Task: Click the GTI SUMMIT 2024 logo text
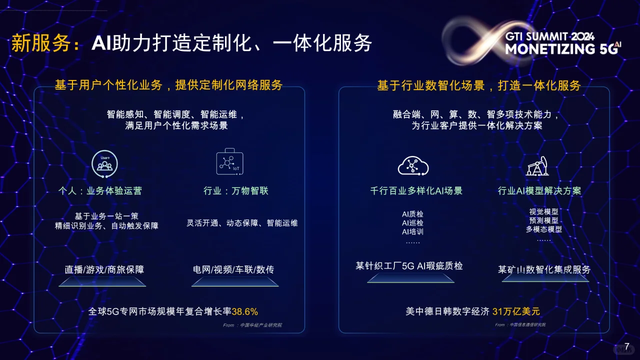549,36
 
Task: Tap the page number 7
626,346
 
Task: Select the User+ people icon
104,163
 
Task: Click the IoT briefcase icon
229,162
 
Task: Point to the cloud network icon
413,165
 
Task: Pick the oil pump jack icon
538,166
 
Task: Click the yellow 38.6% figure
245,311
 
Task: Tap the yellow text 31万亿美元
516,311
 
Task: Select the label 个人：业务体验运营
100,190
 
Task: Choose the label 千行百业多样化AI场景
416,190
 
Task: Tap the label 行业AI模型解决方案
539,190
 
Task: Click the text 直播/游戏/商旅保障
104,269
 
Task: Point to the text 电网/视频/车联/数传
233,269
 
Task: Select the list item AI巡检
412,223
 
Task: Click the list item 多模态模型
543,229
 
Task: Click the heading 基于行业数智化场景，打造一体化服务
478,85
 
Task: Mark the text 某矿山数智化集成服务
544,269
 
